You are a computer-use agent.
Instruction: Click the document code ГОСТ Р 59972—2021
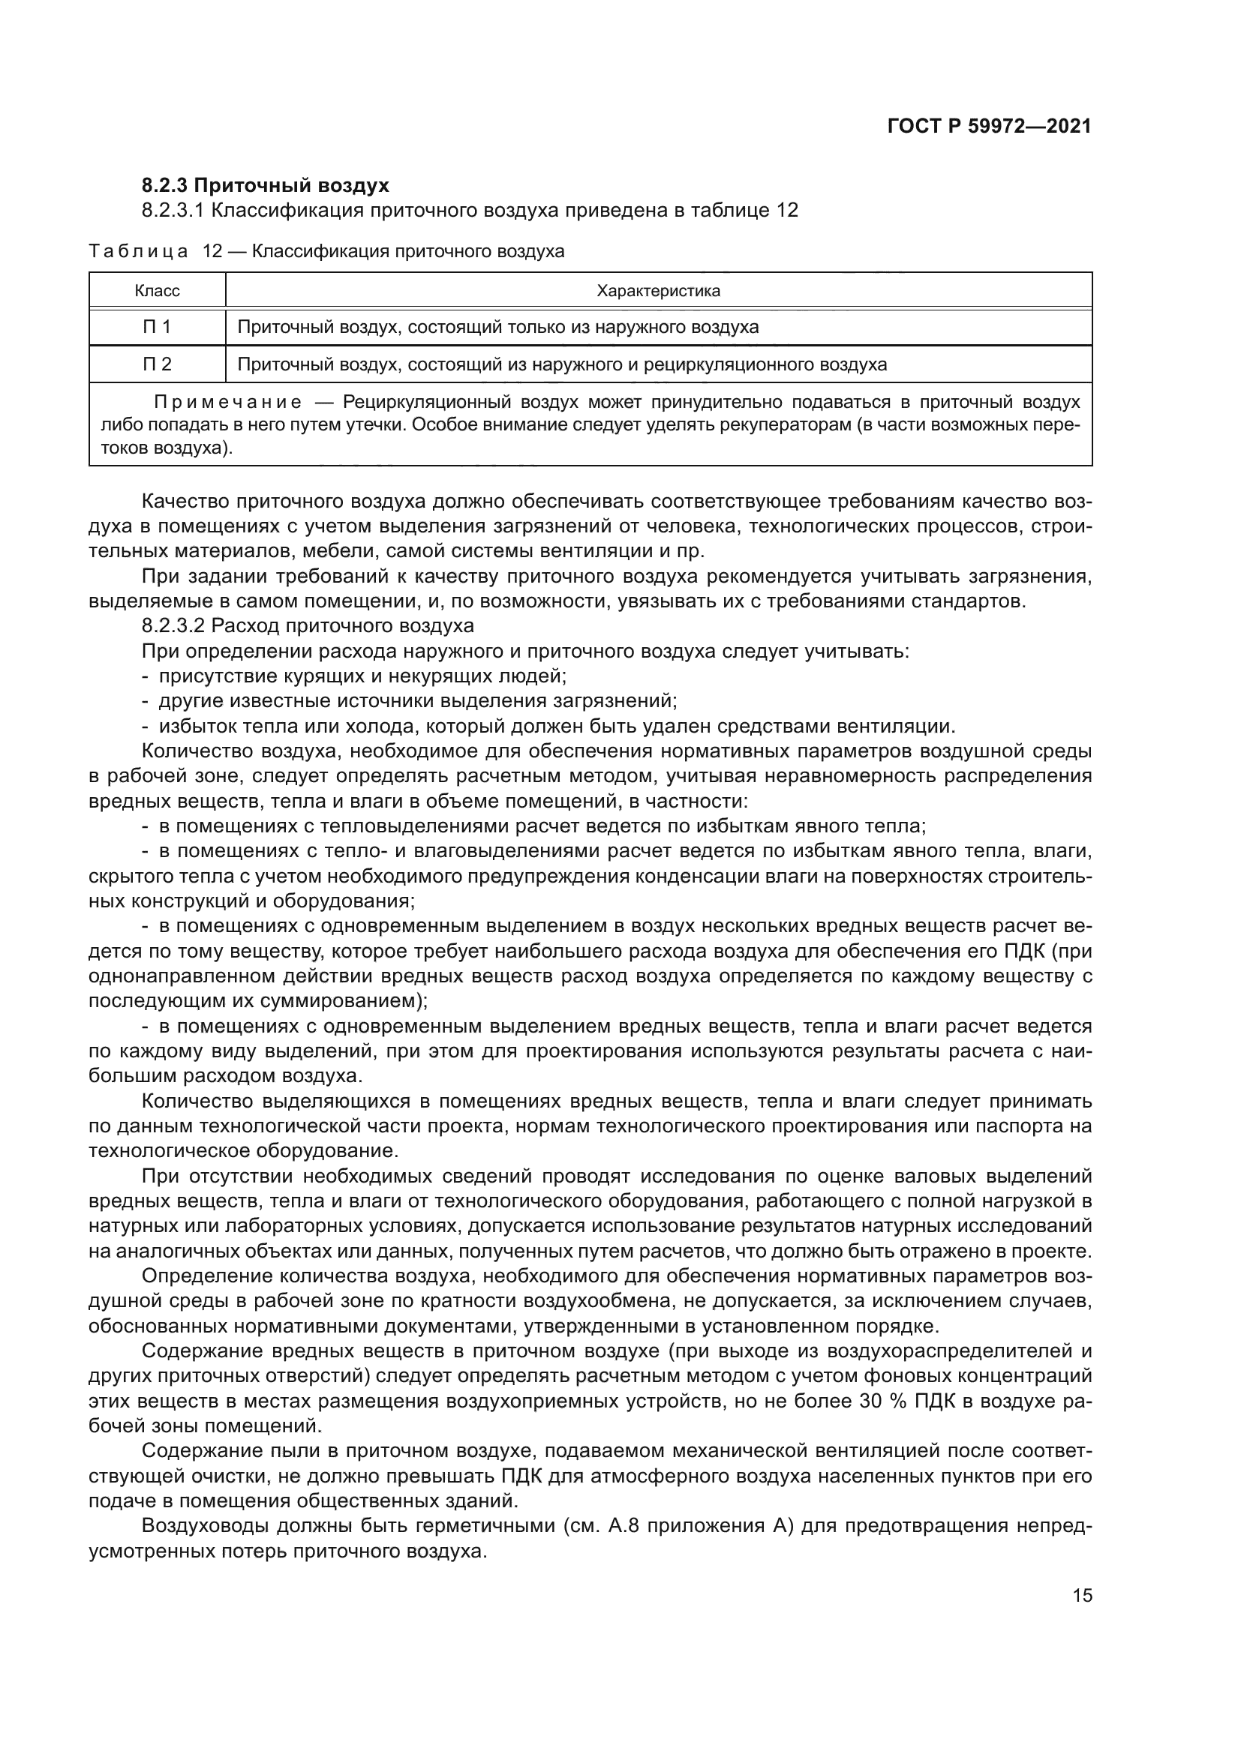(989, 126)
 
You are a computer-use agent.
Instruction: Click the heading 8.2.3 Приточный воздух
(265, 186)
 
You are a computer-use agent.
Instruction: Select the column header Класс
(158, 291)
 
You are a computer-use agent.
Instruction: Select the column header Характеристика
(658, 291)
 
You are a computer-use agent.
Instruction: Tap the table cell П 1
(158, 327)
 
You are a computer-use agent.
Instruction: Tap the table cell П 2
(158, 364)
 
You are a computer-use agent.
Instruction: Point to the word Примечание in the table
(228, 403)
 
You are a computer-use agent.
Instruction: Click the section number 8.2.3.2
(173, 626)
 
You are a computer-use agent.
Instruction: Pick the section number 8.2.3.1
(173, 210)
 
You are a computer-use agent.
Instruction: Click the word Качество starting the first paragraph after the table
(183, 502)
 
